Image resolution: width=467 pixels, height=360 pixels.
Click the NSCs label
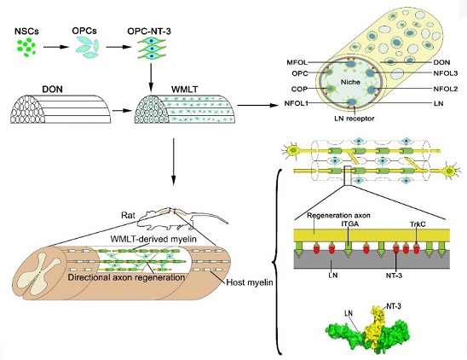tap(26, 32)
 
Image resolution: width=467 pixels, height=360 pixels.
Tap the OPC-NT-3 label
tap(149, 32)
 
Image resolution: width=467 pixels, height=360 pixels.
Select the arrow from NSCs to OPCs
tap(56, 47)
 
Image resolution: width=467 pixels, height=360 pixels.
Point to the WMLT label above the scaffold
tap(185, 90)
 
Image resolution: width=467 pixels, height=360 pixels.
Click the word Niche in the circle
tap(350, 82)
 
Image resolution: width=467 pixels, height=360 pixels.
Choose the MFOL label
tap(297, 62)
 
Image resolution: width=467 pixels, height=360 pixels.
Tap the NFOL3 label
tap(446, 73)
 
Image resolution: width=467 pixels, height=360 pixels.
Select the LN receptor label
tap(355, 119)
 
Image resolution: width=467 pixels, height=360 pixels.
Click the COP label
tap(299, 89)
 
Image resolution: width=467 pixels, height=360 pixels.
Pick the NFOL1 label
tap(296, 103)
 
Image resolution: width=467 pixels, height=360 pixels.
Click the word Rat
tap(129, 215)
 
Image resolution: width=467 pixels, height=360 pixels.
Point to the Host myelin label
tap(250, 282)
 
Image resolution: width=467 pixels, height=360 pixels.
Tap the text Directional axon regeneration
tap(126, 277)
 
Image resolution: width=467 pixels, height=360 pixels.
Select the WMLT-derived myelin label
tap(153, 239)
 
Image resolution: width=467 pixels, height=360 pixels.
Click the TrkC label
tap(417, 224)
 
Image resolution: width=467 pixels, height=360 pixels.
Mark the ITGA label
tap(349, 224)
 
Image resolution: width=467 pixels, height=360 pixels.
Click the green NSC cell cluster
tap(26, 47)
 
